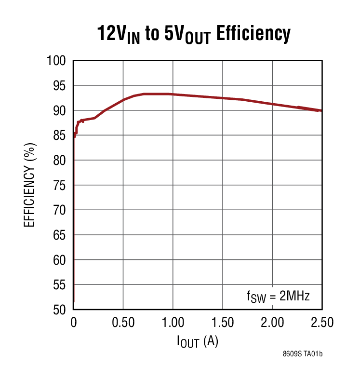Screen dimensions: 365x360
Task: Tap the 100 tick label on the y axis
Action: pyautogui.click(x=56, y=61)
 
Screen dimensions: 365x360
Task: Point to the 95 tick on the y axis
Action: pyautogui.click(x=60, y=86)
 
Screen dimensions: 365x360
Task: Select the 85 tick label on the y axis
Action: pyautogui.click(x=60, y=136)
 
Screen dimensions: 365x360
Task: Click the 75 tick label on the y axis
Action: pyautogui.click(x=60, y=186)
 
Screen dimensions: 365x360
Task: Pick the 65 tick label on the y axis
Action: pyautogui.click(x=60, y=235)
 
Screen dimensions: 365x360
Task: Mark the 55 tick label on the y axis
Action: pyautogui.click(x=60, y=285)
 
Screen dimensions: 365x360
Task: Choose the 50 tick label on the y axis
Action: pyautogui.click(x=60, y=310)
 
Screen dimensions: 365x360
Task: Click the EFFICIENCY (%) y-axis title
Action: pyautogui.click(x=30, y=185)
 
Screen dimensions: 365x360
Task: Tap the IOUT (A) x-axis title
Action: pyautogui.click(x=198, y=342)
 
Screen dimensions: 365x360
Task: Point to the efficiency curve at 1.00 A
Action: pyautogui.click(x=173, y=94)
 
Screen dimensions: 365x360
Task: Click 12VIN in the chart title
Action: pyautogui.click(x=119, y=35)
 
